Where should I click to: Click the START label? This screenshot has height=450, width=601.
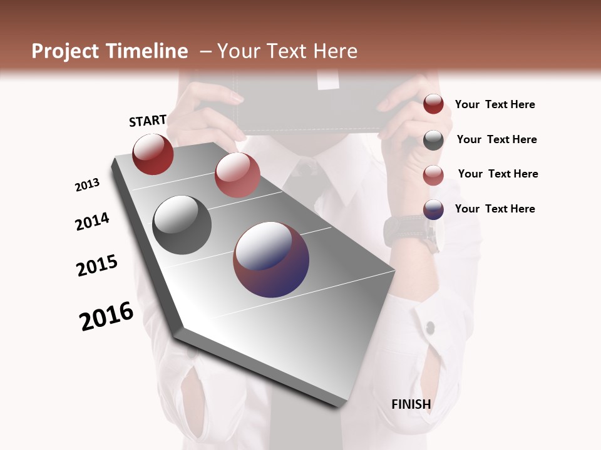(148, 121)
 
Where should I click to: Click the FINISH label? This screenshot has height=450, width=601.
(411, 404)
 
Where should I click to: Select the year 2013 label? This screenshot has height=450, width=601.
(87, 185)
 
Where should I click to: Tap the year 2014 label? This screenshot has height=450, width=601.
(92, 221)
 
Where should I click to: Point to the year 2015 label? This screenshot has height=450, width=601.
(97, 266)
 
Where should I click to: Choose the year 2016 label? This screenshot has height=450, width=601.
(106, 316)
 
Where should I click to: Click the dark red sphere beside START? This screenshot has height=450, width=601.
(153, 154)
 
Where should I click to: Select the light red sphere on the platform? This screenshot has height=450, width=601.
(237, 174)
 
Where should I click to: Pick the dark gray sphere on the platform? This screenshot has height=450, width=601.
(182, 224)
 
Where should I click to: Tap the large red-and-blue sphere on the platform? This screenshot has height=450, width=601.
(271, 259)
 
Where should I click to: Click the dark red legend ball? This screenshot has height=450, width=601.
(433, 104)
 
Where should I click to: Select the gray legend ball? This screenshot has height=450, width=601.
(433, 140)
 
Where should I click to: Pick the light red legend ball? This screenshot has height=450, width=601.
(433, 175)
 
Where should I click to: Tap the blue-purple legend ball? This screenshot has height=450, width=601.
(433, 209)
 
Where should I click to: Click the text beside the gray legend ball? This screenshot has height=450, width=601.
(496, 139)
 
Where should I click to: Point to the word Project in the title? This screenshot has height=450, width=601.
(66, 51)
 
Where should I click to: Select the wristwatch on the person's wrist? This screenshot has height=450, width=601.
(414, 232)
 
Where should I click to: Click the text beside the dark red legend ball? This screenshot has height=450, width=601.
(495, 104)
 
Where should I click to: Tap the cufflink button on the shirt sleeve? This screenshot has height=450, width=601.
(430, 327)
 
